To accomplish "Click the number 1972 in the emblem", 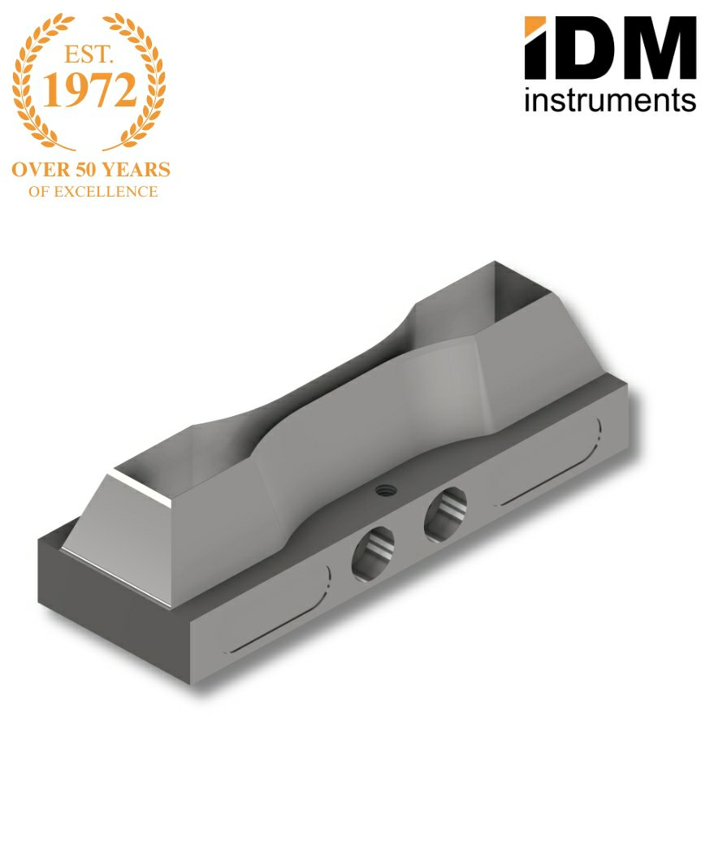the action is pyautogui.click(x=89, y=89).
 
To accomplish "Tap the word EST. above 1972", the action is pyautogui.click(x=89, y=54).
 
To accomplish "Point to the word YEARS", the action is pyautogui.click(x=136, y=170).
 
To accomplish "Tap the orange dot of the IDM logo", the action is pyautogui.click(x=535, y=27).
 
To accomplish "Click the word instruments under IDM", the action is pyautogui.click(x=611, y=100).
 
